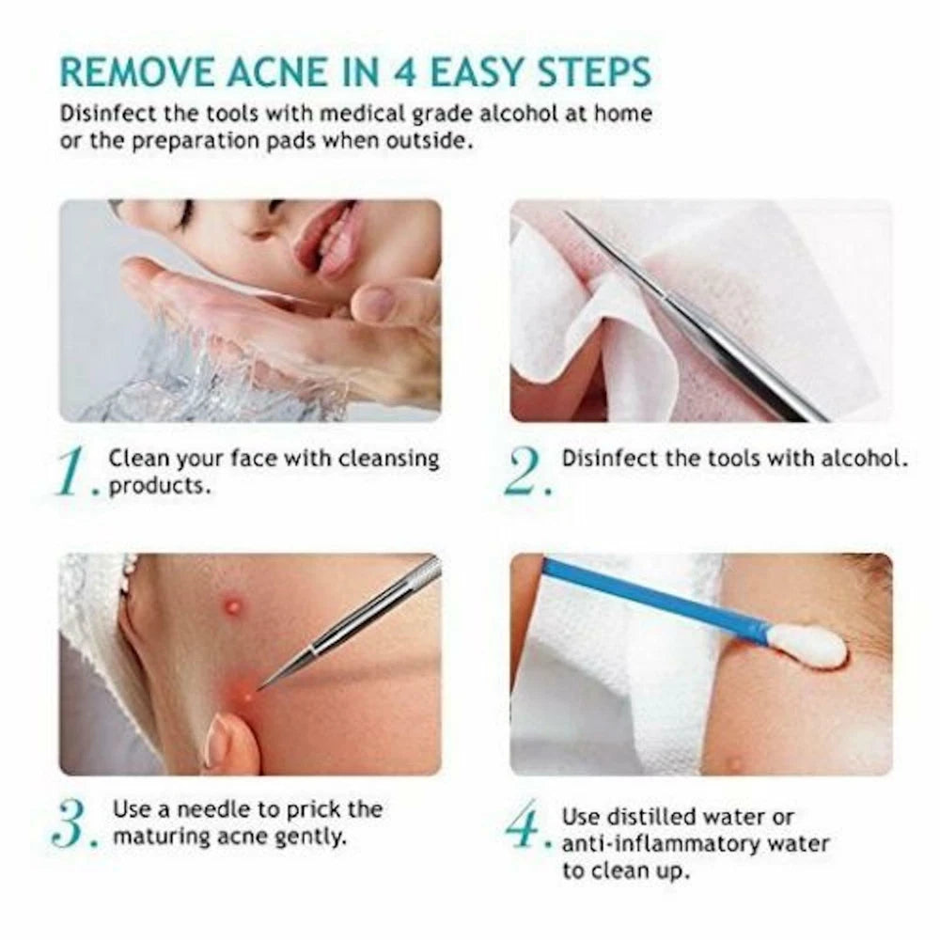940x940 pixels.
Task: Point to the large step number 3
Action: tap(73, 822)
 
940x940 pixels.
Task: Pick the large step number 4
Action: tap(524, 824)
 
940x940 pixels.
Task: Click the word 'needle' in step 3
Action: tap(206, 809)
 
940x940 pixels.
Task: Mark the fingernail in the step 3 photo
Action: tap(219, 737)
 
